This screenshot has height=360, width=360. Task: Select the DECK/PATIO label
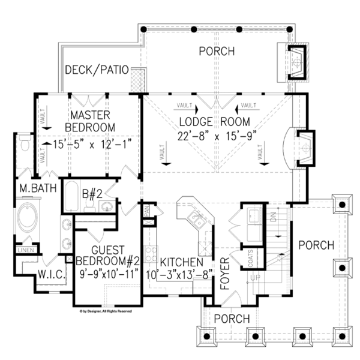[97, 70]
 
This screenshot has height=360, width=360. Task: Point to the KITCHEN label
[181, 262]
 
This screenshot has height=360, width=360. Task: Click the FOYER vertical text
[226, 273]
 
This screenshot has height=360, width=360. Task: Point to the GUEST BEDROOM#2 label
[107, 256]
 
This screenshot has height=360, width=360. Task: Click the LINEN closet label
[25, 250]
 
